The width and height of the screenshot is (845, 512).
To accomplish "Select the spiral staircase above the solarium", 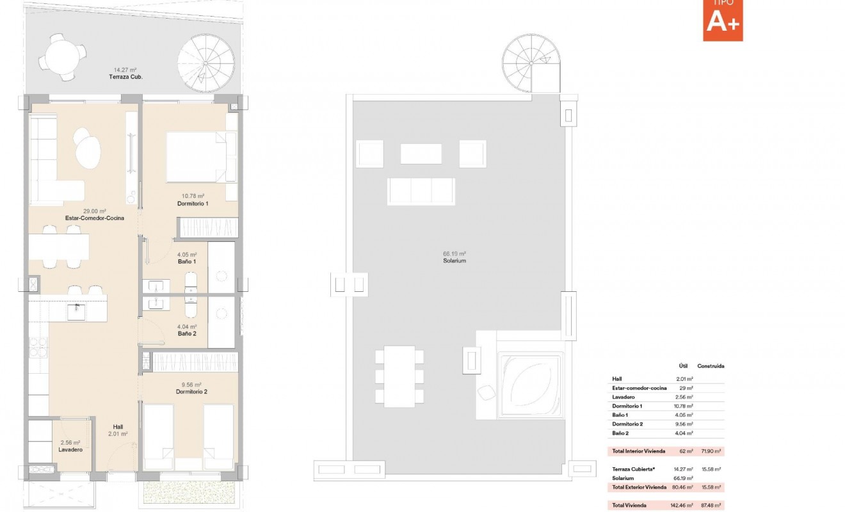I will pyautogui.click(x=531, y=63).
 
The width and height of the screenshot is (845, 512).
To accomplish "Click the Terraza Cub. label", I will pyautogui.click(x=126, y=77).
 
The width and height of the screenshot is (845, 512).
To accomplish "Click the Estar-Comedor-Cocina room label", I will pyautogui.click(x=94, y=218).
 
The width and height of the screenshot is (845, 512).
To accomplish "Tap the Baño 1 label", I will pyautogui.click(x=187, y=261).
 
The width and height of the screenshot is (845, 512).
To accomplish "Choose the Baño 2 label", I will pyautogui.click(x=187, y=333).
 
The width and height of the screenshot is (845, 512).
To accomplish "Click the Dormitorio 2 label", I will pyautogui.click(x=192, y=391).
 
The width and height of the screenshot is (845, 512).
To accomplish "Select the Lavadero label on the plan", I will pyautogui.click(x=70, y=449).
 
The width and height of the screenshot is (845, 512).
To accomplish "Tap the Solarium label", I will pyautogui.click(x=454, y=260).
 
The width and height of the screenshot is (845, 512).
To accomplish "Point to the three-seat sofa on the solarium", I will pyautogui.click(x=421, y=191).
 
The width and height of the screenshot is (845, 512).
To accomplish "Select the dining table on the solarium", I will pyautogui.click(x=399, y=376).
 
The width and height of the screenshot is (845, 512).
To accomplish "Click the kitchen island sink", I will pyautogui.click(x=76, y=312).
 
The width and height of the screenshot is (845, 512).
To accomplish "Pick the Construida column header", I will pyautogui.click(x=711, y=366).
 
